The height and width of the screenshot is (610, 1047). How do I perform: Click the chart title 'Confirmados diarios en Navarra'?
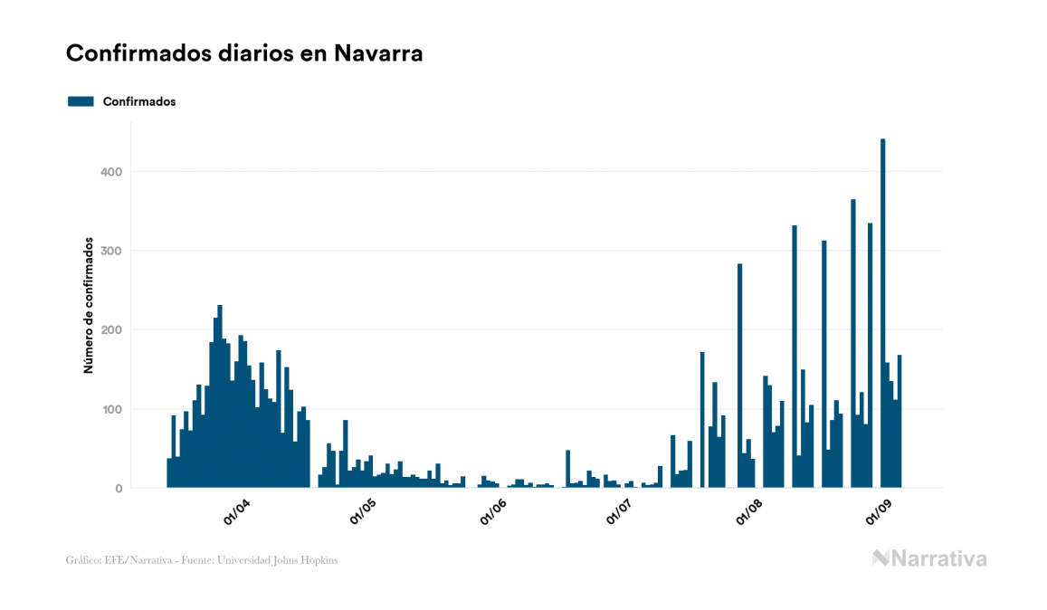244,53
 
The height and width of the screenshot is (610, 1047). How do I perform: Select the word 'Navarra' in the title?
378,53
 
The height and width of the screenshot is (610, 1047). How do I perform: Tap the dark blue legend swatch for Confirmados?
81,101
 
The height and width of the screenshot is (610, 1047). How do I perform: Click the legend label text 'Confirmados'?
139,101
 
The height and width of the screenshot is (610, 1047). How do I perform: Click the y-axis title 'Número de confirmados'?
89,306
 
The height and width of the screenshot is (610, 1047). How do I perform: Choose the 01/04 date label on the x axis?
237,513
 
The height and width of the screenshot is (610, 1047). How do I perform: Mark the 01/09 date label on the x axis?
878,513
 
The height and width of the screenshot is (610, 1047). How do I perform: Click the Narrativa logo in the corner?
929,558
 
